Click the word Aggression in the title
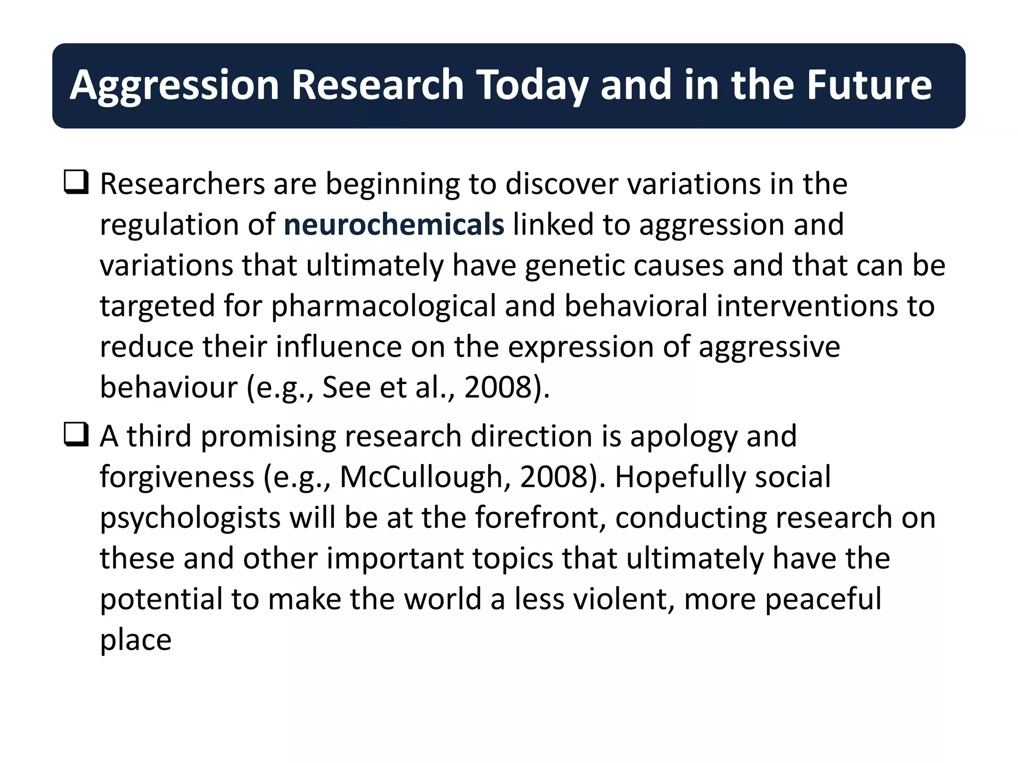(x=174, y=86)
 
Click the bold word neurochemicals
(x=394, y=225)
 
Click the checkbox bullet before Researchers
(x=76, y=182)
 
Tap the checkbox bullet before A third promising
(x=76, y=435)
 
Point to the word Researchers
(x=182, y=184)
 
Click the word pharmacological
(x=383, y=306)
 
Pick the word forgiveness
(x=177, y=477)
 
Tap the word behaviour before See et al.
(x=169, y=387)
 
